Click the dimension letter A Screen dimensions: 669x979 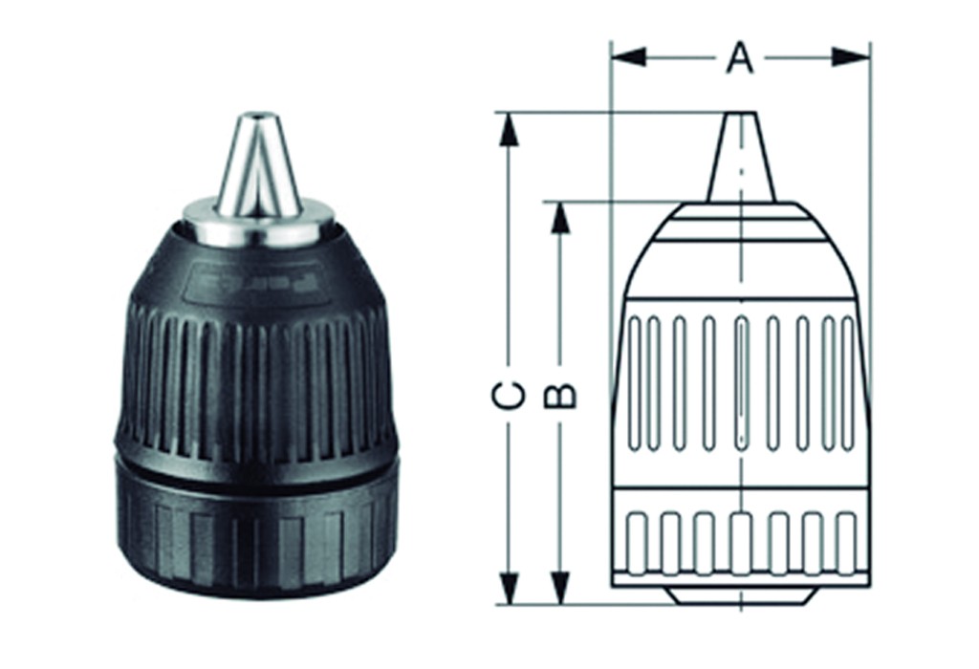point(739,57)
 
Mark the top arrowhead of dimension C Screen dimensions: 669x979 point(510,129)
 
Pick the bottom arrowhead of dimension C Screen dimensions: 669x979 point(510,589)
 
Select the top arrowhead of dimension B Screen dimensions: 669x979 point(561,218)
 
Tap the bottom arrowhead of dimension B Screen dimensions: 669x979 point(561,589)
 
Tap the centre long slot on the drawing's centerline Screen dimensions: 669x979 point(741,382)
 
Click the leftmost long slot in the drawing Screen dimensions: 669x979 point(634,382)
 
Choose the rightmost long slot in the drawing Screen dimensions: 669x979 point(847,382)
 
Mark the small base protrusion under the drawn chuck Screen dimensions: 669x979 point(741,595)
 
